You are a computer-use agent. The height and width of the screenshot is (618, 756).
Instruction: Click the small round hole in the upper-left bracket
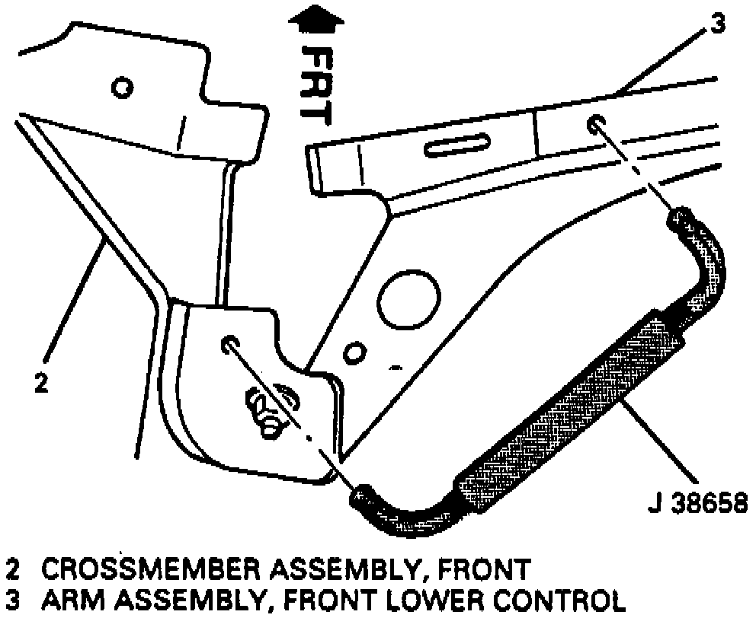(120, 88)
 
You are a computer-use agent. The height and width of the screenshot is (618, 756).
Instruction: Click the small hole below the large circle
(353, 353)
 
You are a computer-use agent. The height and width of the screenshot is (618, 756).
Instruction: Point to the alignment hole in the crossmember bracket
(229, 345)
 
